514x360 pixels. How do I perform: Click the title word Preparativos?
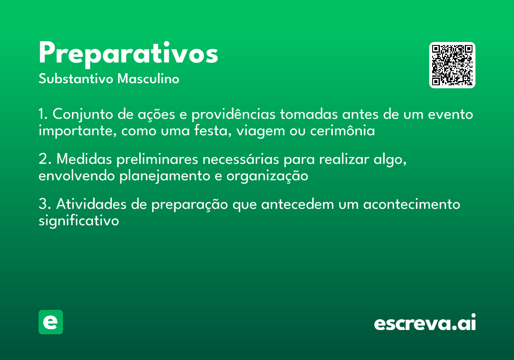pos(128,54)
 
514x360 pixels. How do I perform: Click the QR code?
pos(452,65)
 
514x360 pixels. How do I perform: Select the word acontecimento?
pos(412,204)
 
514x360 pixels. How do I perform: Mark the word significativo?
pos(78,221)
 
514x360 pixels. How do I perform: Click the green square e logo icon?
pos(51,322)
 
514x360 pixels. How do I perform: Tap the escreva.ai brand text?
pos(425,323)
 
